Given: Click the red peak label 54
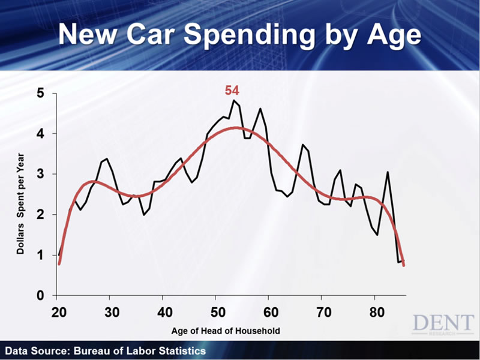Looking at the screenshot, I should click(x=232, y=91).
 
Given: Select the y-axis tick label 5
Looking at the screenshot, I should click(x=40, y=94).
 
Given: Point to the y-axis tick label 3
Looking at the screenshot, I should click(x=40, y=175).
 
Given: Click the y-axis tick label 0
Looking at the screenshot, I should click(x=40, y=296).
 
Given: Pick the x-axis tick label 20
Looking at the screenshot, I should click(x=59, y=313).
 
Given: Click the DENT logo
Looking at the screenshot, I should click(x=443, y=325).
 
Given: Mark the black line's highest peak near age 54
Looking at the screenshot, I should click(x=233, y=100).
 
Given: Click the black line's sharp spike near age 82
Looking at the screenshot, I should click(x=388, y=172).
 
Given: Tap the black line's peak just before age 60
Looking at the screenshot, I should click(x=260, y=109).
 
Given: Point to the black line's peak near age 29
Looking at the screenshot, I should click(x=106, y=159).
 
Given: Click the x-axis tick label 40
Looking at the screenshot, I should click(x=164, y=313).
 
